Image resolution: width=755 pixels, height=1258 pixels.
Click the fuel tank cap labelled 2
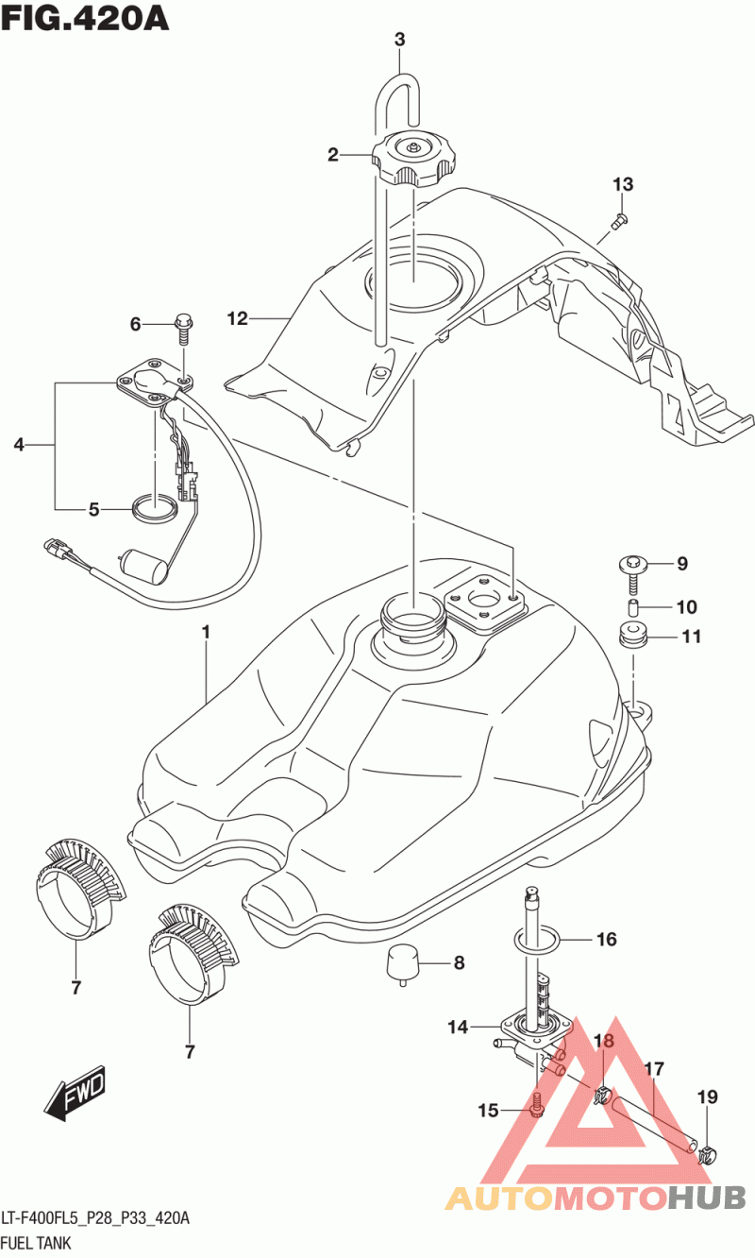coord(413,159)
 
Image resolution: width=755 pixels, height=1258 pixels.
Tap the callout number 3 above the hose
coord(399,40)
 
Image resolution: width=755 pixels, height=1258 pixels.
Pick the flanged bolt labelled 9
coord(632,573)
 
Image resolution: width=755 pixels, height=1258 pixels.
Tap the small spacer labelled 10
coord(633,607)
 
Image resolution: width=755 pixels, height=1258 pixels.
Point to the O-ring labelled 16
coord(537,938)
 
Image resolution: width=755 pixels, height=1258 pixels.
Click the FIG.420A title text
coord(84,19)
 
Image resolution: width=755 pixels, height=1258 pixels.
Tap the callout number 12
coord(238,318)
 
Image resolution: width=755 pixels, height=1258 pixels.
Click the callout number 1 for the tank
coord(206,633)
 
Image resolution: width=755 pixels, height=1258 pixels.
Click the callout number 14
coord(458,1027)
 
